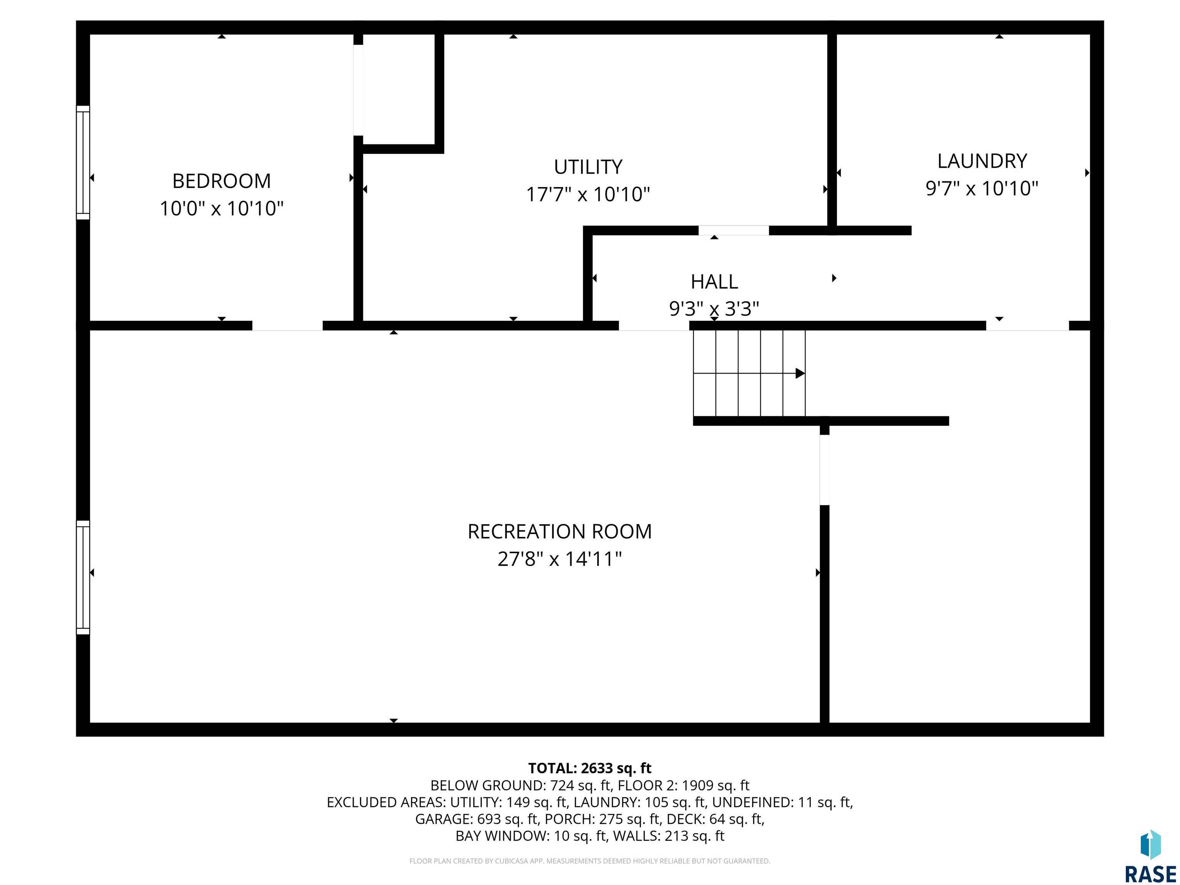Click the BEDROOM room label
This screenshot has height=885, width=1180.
click(221, 181)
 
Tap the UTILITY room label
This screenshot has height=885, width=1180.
click(588, 167)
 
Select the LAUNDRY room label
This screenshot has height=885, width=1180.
click(982, 161)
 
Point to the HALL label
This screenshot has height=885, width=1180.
click(714, 281)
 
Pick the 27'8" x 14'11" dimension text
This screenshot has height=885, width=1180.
click(560, 559)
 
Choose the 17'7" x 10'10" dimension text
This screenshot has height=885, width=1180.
click(588, 194)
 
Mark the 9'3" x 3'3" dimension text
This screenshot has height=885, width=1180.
click(714, 308)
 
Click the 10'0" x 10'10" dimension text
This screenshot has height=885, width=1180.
click(221, 208)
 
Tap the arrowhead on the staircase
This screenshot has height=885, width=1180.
click(800, 373)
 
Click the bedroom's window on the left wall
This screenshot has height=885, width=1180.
click(83, 163)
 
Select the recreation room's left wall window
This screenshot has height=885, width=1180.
click(83, 577)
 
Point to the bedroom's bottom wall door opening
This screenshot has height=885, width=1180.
click(288, 326)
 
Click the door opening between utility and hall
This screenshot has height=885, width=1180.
click(734, 230)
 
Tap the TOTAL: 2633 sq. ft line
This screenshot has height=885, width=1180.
click(590, 768)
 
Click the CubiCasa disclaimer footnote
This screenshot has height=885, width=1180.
click(590, 861)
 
